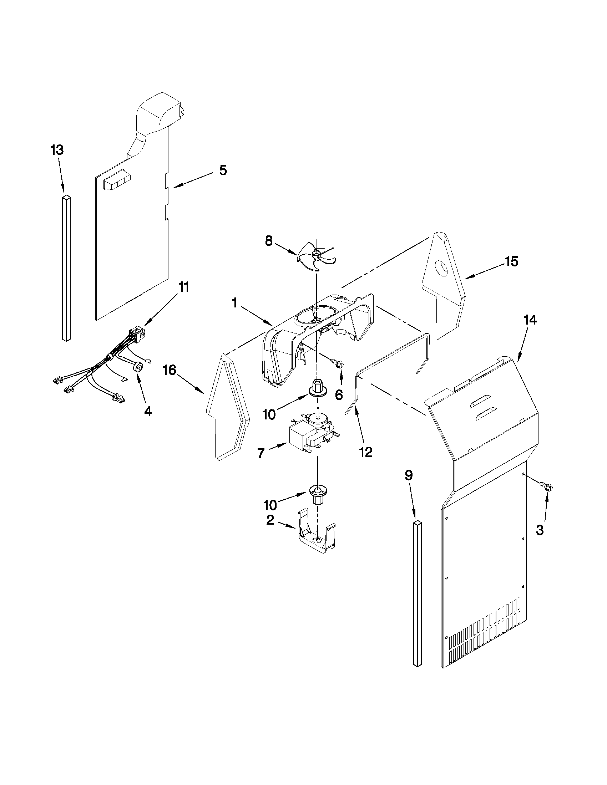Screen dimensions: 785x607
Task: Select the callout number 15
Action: (x=511, y=262)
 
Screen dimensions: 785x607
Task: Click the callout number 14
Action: (x=530, y=320)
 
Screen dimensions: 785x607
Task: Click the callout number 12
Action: (x=366, y=452)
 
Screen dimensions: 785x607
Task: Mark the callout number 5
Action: (x=223, y=170)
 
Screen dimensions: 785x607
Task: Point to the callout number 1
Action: (x=234, y=303)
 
